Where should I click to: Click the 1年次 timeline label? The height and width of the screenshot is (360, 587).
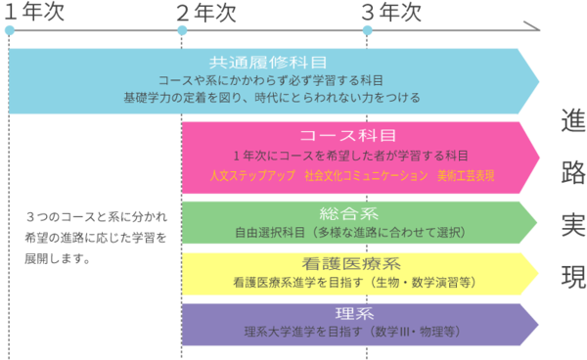click(34, 12)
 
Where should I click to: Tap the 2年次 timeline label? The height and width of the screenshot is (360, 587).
click(206, 13)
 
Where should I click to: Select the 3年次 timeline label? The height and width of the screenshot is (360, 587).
click(391, 12)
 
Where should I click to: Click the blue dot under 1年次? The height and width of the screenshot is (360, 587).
click(10, 30)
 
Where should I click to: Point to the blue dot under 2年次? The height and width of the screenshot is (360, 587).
click(182, 30)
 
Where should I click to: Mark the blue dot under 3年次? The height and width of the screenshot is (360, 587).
click(367, 30)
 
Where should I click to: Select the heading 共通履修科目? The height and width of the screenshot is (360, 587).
click(268, 63)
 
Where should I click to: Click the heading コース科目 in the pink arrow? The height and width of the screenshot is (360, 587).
click(347, 135)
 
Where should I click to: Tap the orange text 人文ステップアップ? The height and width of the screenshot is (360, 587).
click(252, 175)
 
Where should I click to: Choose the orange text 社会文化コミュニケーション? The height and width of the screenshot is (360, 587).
click(366, 175)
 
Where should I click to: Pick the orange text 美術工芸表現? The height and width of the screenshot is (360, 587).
click(466, 175)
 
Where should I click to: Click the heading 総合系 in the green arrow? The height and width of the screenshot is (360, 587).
click(348, 214)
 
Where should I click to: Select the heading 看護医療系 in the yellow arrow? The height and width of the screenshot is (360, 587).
click(351, 264)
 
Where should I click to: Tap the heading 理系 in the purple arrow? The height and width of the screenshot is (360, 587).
click(354, 313)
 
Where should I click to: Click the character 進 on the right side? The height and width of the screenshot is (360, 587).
click(573, 120)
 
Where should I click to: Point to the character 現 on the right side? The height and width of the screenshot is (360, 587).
click(573, 277)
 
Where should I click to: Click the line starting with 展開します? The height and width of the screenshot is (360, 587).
click(58, 258)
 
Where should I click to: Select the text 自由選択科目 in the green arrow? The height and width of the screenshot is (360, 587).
click(270, 233)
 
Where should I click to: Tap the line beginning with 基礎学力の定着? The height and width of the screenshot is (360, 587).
click(272, 98)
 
